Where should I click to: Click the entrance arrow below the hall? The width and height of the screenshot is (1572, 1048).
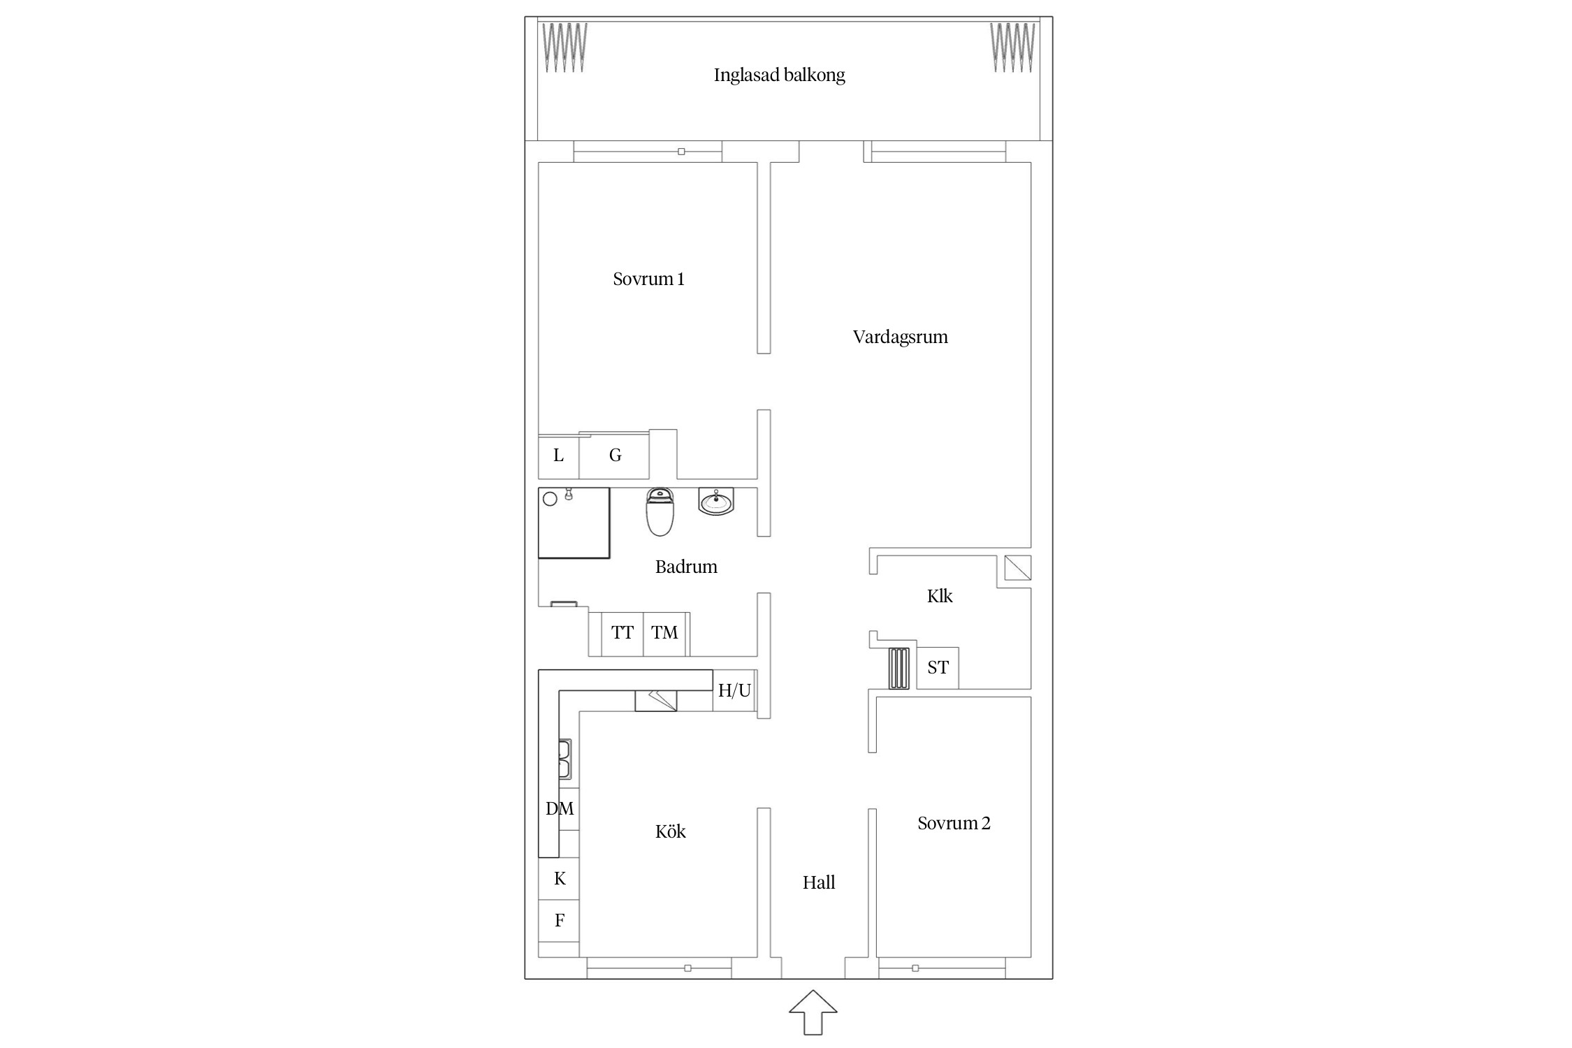(813, 1012)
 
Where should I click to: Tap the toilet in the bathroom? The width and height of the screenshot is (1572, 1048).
(660, 512)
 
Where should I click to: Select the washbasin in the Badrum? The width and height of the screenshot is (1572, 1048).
(716, 502)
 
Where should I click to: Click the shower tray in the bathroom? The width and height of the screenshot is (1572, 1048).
(574, 523)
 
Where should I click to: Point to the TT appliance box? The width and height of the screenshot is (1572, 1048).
(623, 634)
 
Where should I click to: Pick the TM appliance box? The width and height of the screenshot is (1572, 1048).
(664, 634)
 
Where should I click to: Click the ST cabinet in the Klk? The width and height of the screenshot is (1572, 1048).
(938, 668)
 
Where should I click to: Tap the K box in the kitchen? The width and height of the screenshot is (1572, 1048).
(559, 879)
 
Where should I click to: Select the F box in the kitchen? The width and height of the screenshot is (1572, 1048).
(559, 921)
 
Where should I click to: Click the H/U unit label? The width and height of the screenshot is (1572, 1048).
(734, 691)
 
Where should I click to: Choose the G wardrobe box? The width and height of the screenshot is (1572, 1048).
(615, 456)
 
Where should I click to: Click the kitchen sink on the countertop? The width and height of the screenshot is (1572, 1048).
(565, 759)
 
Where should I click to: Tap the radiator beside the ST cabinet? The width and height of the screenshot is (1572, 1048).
(899, 669)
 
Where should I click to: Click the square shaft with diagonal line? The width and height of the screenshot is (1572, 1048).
(1018, 568)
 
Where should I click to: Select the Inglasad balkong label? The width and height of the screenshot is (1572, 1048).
(779, 75)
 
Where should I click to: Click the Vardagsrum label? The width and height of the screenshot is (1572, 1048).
(900, 337)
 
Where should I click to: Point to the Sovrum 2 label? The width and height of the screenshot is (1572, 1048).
(954, 823)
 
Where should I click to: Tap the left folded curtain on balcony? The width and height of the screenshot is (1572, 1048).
(565, 48)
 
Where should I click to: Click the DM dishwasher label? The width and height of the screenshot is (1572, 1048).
(560, 808)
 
